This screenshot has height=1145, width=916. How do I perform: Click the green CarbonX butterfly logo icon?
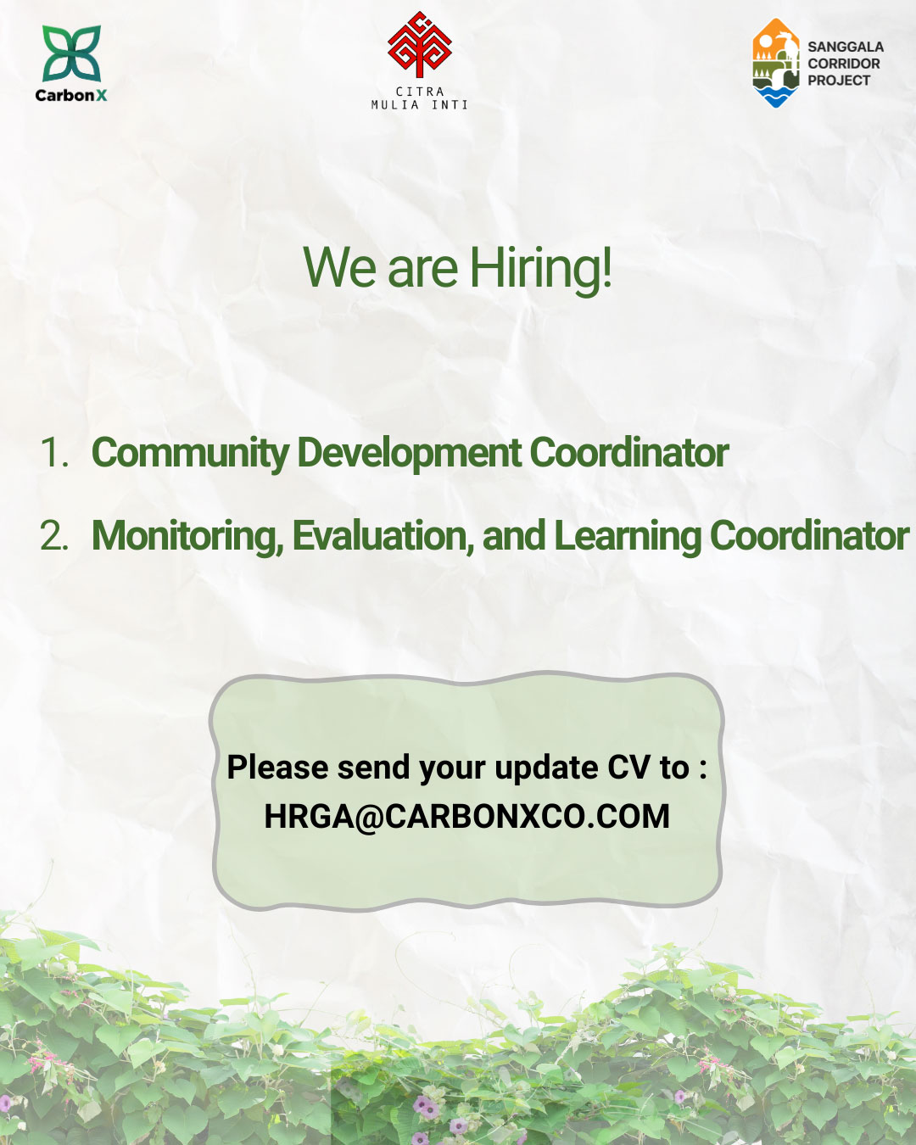71,53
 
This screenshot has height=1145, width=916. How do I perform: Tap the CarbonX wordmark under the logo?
70,95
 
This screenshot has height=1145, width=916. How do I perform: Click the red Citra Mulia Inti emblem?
420,45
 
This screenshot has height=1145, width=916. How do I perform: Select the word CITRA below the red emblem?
420,92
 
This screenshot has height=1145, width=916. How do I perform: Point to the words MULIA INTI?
420,105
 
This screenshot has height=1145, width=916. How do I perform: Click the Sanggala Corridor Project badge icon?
775,63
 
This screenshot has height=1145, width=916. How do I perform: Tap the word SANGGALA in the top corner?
846,47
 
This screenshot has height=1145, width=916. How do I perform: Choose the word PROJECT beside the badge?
839,81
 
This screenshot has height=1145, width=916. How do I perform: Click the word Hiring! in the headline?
540,269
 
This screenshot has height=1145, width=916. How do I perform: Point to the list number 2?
54,535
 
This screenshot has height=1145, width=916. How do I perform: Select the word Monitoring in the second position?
188,536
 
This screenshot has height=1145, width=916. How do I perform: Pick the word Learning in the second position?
628,536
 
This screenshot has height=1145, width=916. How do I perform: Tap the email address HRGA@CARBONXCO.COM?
466,816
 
